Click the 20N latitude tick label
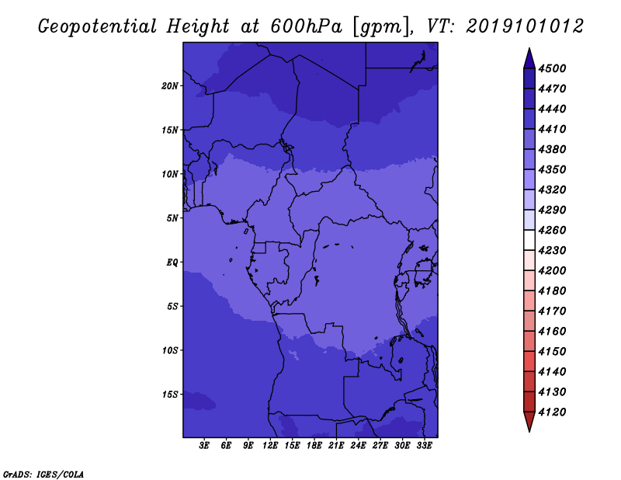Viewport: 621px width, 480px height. (170, 86)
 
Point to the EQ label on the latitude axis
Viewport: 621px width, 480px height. (172, 263)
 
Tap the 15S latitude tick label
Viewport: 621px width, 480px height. (170, 395)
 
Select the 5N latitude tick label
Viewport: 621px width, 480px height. (172, 218)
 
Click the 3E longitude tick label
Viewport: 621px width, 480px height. (204, 446)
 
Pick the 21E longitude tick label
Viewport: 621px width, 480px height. (336, 446)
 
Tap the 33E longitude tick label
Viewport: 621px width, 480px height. (424, 446)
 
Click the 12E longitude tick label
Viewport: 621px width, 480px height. (269, 446)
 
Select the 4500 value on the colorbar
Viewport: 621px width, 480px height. (552, 68)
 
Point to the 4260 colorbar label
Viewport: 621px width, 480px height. (552, 230)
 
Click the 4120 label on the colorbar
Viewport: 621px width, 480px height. (552, 412)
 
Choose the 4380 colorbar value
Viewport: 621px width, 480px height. (552, 149)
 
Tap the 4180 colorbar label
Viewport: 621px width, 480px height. (552, 291)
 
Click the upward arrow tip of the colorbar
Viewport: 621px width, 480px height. (529, 48)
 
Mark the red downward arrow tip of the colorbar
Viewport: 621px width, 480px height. (529, 431)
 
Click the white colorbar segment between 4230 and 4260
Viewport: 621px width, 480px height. (529, 240)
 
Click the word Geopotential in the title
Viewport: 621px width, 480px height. (98, 26)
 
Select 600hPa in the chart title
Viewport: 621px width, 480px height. (306, 26)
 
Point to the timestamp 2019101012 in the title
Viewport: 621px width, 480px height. (525, 26)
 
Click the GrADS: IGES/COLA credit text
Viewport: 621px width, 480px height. (43, 475)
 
